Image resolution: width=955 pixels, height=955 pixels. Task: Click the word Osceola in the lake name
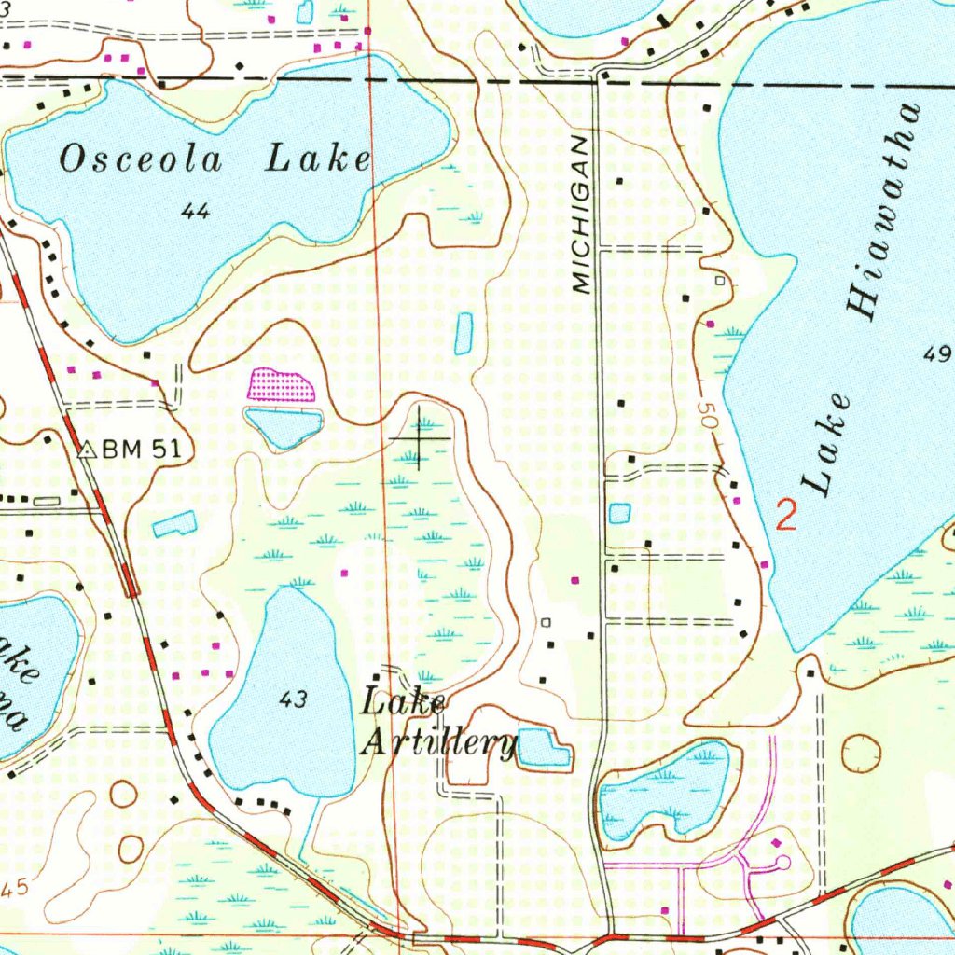pos(141,159)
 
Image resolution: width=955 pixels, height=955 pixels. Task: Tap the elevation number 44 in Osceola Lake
pos(195,213)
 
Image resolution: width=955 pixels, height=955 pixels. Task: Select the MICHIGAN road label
pos(582,215)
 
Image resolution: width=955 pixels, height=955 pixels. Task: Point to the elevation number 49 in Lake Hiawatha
pos(936,353)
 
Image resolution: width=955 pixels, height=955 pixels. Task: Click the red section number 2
pos(787,515)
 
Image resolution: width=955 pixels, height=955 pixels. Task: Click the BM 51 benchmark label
pos(140,449)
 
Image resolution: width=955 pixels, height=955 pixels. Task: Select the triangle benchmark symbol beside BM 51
pos(88,450)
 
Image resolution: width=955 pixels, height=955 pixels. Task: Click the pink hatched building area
pos(280,384)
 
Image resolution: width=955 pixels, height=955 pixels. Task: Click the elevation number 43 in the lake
pos(292,699)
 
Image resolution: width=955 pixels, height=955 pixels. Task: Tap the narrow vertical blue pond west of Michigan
pos(464,333)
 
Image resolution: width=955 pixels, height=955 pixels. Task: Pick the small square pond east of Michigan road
pos(619,513)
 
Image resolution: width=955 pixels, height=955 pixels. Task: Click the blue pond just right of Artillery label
pos(544,747)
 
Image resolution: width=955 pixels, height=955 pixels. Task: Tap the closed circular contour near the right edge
pos(860,753)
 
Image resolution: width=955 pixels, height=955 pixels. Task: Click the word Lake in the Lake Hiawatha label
pos(828,445)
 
